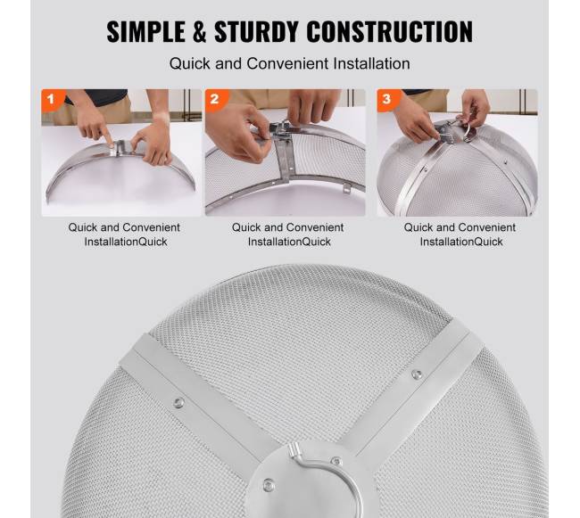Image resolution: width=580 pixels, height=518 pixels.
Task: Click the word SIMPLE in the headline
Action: click(x=145, y=32)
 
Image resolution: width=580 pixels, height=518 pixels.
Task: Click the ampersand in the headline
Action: click(x=200, y=32)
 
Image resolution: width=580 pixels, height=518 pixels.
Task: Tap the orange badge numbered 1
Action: click(x=52, y=99)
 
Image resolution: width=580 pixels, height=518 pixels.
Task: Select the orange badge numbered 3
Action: click(x=387, y=99)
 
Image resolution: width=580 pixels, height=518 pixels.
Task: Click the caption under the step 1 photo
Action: click(x=124, y=234)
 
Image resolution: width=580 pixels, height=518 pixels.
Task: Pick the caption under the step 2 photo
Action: click(x=288, y=234)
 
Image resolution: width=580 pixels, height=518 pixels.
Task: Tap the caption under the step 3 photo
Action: click(x=460, y=234)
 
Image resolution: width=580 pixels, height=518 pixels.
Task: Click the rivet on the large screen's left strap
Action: click(x=178, y=403)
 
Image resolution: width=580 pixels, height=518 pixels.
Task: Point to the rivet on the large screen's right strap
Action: click(x=417, y=374)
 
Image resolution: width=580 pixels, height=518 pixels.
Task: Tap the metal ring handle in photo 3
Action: click(x=468, y=133)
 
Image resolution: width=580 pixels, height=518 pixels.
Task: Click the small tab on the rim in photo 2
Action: click(x=346, y=188)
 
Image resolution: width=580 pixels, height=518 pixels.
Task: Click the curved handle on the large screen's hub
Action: click(x=325, y=477)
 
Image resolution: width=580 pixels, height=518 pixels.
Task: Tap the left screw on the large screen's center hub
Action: click(x=269, y=484)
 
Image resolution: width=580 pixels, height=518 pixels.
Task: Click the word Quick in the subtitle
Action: click(x=190, y=63)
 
